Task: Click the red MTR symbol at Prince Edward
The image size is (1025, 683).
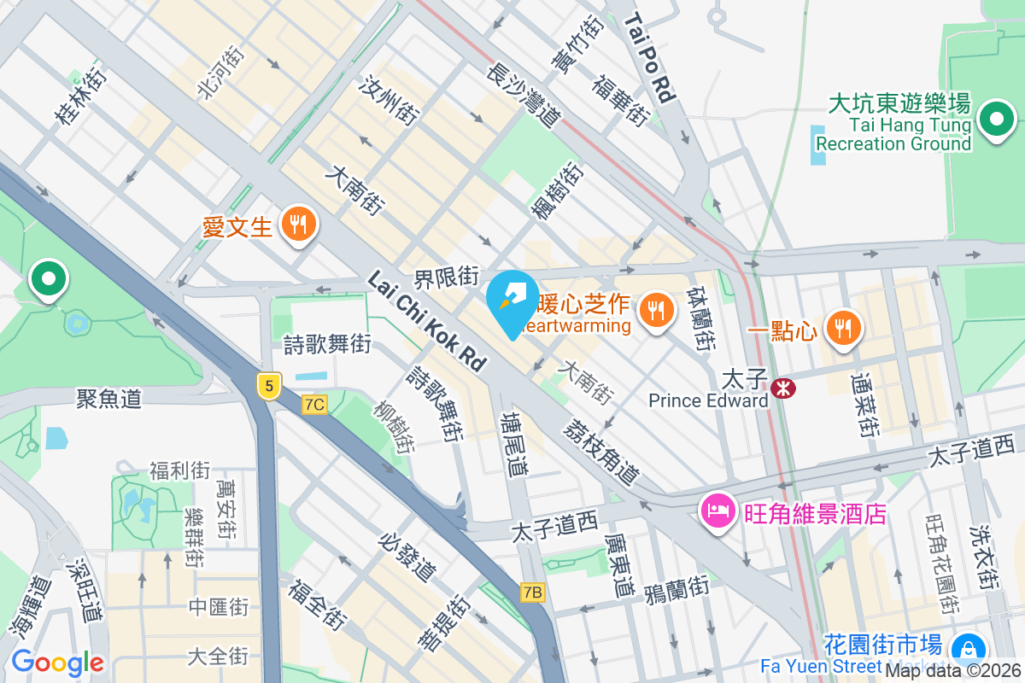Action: click(782, 388)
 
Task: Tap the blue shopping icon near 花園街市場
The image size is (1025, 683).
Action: click(969, 650)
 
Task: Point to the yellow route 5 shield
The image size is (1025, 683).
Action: click(269, 387)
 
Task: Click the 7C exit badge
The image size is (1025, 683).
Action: click(314, 405)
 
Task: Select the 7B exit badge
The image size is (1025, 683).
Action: click(533, 593)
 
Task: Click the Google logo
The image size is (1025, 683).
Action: click(57, 663)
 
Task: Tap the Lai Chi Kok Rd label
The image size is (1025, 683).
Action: click(426, 320)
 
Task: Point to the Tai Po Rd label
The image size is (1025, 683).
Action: click(650, 58)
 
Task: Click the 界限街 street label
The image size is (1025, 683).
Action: click(445, 277)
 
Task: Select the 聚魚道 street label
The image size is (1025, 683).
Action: click(108, 398)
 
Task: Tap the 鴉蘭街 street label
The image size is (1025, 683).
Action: click(676, 588)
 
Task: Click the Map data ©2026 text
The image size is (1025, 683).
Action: click(952, 671)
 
